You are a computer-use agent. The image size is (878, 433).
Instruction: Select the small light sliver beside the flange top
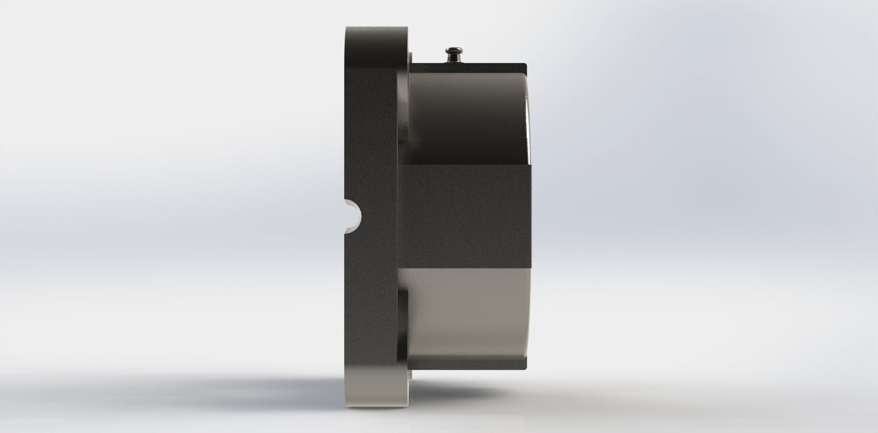pyautogui.click(x=411, y=57)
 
